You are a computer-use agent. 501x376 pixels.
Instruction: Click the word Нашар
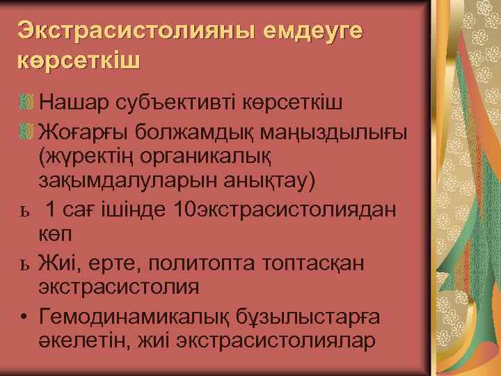[73, 102]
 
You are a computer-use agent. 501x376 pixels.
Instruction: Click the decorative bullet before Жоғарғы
[25, 130]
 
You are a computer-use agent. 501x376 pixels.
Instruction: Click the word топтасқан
[317, 263]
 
